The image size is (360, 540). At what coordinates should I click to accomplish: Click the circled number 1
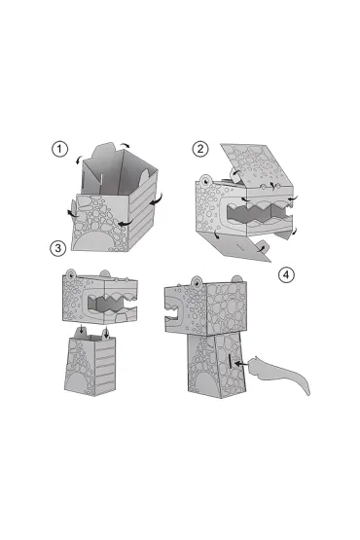[60, 149]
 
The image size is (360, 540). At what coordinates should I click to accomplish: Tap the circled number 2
[200, 149]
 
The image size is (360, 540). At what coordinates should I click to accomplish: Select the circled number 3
[57, 248]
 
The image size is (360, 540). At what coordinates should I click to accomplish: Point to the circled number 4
[286, 274]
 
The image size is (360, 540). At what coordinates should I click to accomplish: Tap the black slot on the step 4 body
[230, 363]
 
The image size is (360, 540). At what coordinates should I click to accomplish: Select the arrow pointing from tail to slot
[240, 363]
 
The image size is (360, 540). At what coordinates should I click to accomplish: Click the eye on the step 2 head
[206, 180]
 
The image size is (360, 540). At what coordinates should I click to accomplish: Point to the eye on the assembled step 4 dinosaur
[198, 283]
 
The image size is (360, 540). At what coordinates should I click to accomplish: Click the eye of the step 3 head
[70, 274]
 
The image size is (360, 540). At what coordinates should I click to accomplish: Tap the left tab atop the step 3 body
[82, 332]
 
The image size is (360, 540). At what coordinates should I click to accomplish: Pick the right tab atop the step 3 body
[106, 333]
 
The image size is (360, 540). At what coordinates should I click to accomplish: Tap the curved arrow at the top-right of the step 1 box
[126, 145]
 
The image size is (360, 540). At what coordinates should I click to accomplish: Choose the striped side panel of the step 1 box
[143, 210]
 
